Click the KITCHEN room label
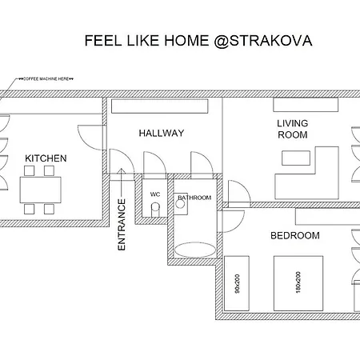(46, 158)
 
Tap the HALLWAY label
(162, 133)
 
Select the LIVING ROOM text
(293, 129)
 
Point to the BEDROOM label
(295, 235)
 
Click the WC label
(155, 194)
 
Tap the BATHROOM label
(194, 198)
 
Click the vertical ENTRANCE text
(122, 225)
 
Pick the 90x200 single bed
(237, 283)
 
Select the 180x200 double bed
(298, 283)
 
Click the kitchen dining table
(40, 190)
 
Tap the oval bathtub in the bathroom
(195, 250)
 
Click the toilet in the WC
(155, 210)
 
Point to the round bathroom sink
(180, 204)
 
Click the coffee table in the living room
(296, 158)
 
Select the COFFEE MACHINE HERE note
(46, 79)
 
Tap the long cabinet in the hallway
(159, 106)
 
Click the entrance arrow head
(122, 170)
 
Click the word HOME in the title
(186, 41)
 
